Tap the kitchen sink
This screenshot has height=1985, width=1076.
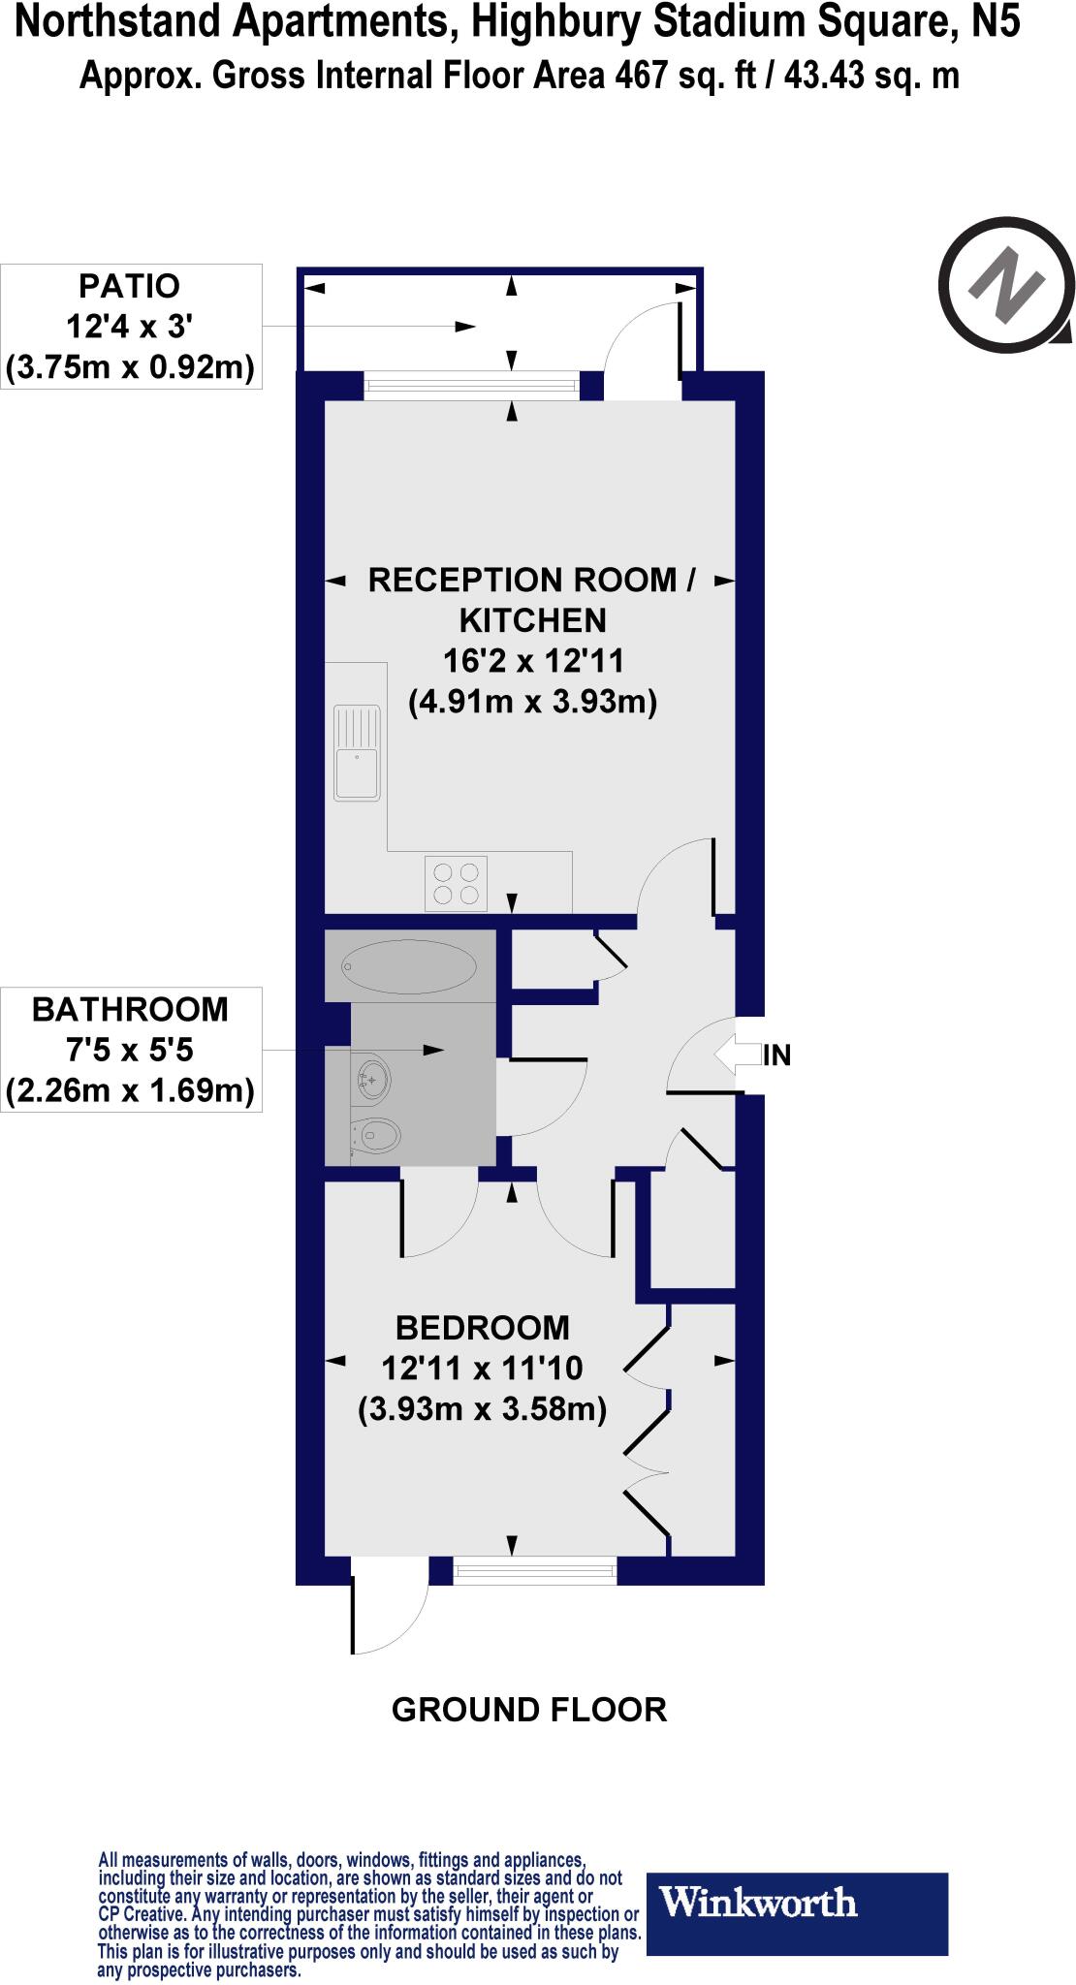point(357,753)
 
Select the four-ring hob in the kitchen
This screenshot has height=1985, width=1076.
point(456,883)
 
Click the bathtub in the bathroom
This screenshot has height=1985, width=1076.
point(409,966)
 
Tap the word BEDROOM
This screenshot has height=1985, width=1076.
point(483,1327)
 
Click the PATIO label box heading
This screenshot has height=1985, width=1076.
point(129,286)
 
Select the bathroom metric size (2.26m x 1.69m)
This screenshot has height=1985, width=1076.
point(130,1091)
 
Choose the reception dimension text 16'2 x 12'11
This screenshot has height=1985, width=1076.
point(533,661)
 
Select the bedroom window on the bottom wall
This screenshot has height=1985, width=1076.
point(535,1569)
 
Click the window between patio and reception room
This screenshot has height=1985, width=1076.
point(472,386)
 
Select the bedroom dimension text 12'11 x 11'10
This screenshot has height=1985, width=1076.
point(483,1368)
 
